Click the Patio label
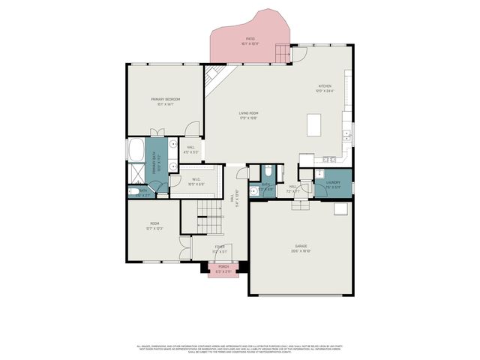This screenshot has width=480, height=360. pyautogui.click(x=250, y=40)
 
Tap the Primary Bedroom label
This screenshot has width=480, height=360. pyautogui.click(x=165, y=101)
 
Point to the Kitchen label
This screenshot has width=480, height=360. pyautogui.click(x=324, y=88)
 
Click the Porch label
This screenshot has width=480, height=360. pyautogui.click(x=223, y=268)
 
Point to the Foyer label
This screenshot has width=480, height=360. pyautogui.click(x=220, y=248)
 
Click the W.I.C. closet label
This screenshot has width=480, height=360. pyautogui.click(x=196, y=181)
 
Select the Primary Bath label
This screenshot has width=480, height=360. pyautogui.click(x=158, y=163)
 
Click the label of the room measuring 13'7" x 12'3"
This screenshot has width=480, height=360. pyautogui.click(x=155, y=225)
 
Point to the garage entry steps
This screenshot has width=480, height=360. pyautogui.click(x=299, y=205)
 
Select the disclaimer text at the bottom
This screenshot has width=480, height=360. pyautogui.click(x=240, y=349)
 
